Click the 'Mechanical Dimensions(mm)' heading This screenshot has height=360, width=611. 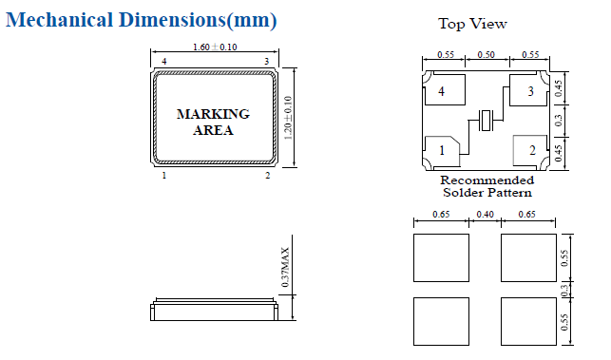coord(141,20)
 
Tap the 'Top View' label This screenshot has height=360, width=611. coord(472,24)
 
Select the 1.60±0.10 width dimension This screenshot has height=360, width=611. coord(215,47)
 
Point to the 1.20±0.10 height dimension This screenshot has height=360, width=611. coord(288,118)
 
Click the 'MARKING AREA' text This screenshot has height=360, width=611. coord(213,122)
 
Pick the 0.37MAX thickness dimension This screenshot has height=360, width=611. coord(286,267)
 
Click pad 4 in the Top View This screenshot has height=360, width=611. coord(445,90)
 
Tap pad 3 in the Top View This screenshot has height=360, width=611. coord(529,90)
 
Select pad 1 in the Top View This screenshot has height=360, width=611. coord(442,151)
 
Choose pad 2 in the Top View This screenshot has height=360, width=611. coord(530,150)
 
